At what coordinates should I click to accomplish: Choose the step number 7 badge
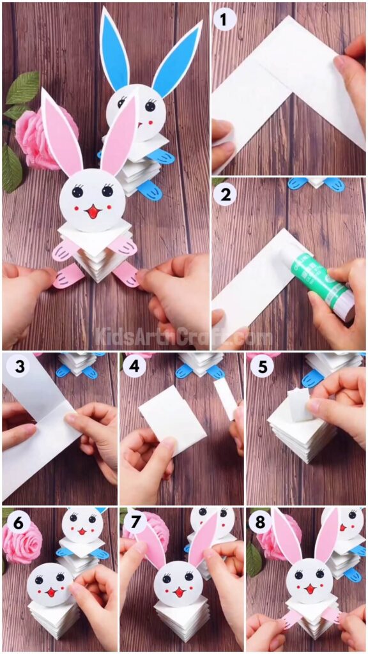pos(134,522)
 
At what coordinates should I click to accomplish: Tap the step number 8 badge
pos(259,522)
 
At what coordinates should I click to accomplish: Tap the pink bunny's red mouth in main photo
pos(93,211)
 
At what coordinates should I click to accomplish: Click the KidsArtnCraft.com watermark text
pos(184,335)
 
